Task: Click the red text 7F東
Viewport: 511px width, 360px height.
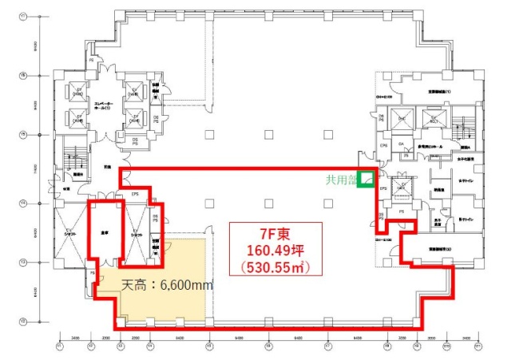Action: click(x=275, y=233)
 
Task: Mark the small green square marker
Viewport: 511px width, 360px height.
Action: click(x=366, y=180)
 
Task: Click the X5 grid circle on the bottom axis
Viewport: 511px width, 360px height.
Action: click(x=209, y=347)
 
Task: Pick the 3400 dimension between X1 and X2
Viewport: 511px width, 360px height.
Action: click(x=75, y=338)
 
